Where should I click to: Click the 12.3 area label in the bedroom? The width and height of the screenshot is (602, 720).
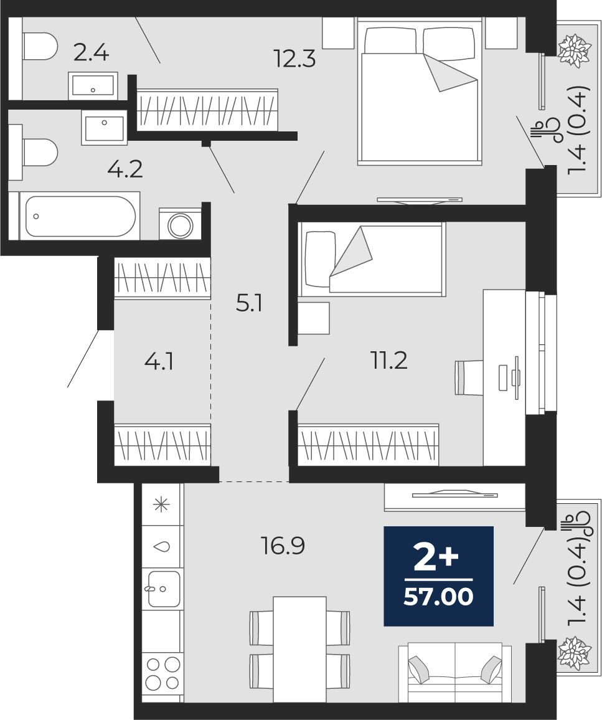294,59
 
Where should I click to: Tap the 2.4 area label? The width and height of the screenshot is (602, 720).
92,54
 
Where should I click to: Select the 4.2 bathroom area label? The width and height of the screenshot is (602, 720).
125,169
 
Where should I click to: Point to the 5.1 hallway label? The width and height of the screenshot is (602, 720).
249,303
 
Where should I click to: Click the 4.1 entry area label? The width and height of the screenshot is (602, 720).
159,362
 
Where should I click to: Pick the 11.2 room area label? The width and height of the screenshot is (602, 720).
389,361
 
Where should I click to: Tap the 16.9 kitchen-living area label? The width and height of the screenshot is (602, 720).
283,546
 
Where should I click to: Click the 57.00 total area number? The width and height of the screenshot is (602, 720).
438,597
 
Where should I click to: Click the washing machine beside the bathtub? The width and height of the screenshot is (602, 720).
181,224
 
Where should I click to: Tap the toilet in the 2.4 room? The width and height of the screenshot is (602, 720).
39,46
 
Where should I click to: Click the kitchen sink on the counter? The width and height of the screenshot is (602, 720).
162,589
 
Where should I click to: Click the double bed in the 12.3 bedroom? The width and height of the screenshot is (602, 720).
420,91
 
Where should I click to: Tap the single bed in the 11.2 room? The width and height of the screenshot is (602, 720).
372,259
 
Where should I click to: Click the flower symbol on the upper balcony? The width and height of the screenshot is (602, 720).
573,49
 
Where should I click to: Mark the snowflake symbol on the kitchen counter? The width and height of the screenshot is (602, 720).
161,505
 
